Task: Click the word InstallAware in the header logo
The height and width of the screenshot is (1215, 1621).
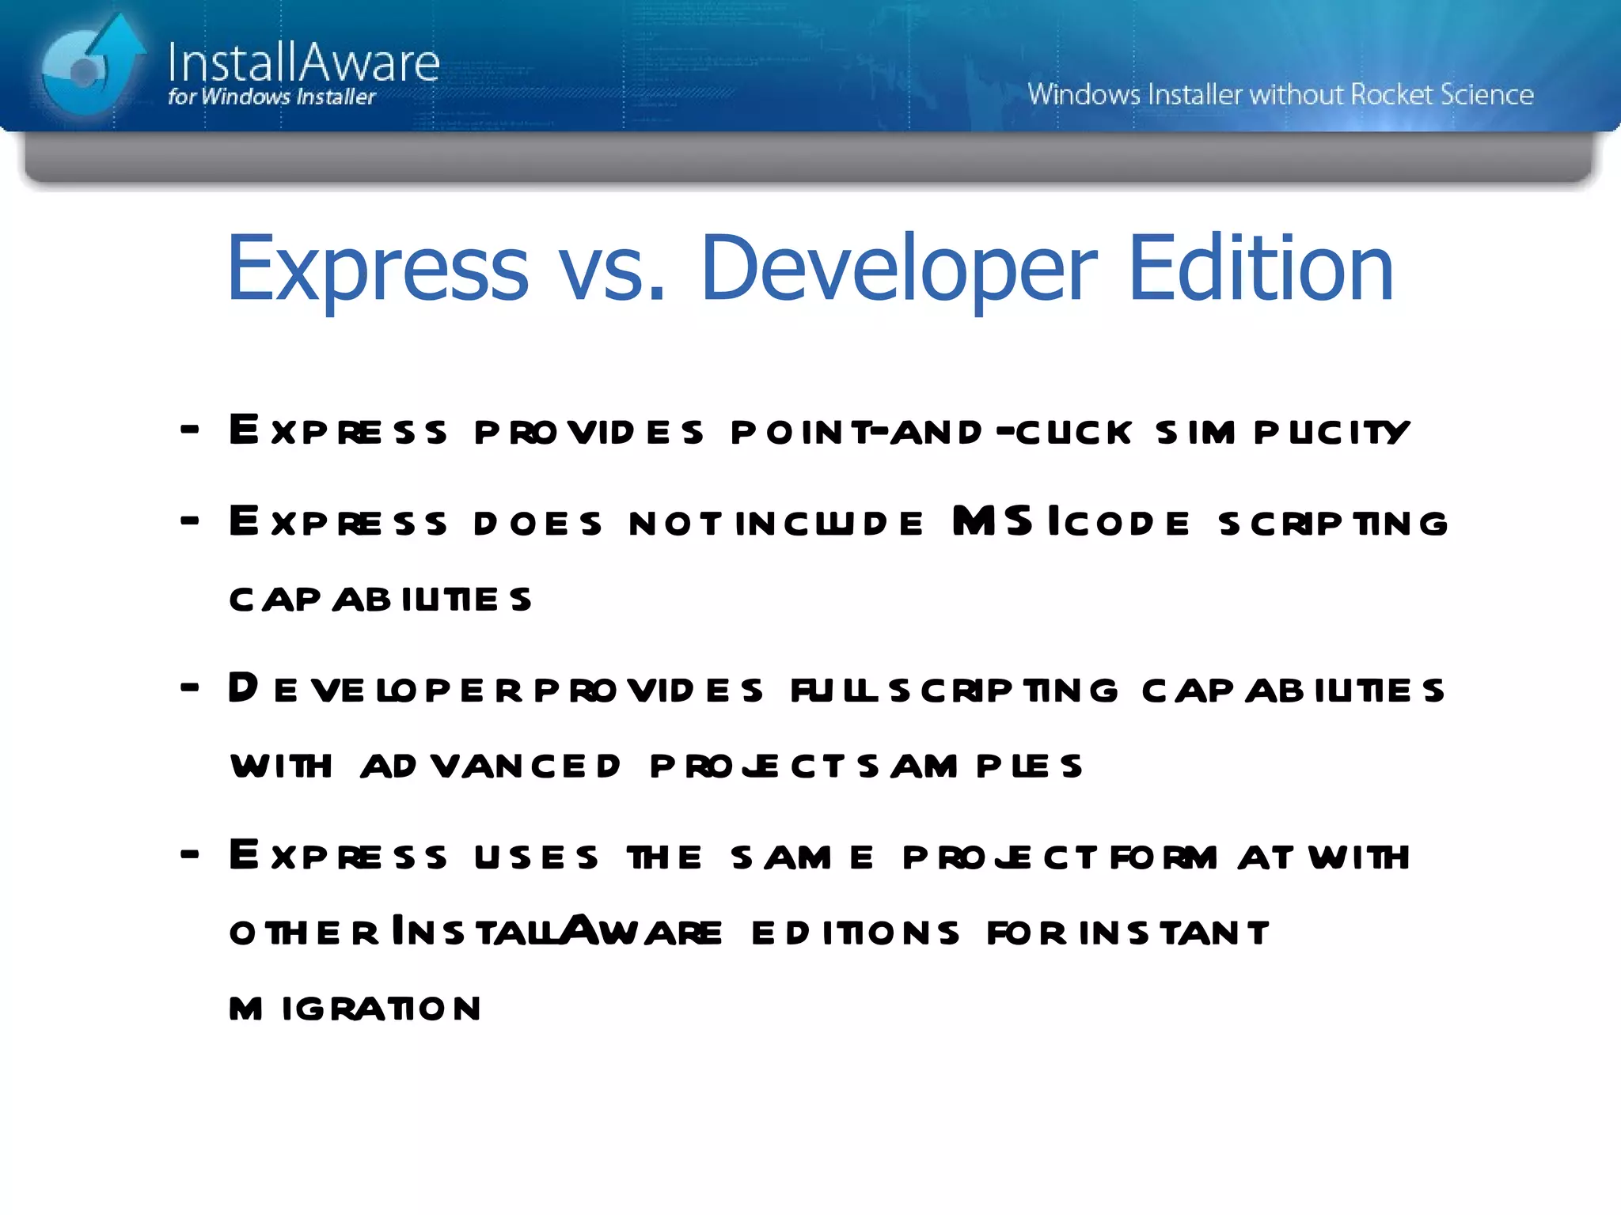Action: pos(303,62)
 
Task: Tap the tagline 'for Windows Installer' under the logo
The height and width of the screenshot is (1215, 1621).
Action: pos(271,97)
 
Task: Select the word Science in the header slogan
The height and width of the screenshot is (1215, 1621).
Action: pos(1486,94)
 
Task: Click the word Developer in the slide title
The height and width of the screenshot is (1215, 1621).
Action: pos(899,269)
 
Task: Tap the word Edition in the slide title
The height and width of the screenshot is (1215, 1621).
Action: pos(1260,269)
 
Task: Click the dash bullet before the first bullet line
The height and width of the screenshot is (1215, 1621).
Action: pos(190,430)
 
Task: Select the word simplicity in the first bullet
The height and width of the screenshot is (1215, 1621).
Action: pos(1282,432)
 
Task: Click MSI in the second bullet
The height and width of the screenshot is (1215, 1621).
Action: pos(1005,522)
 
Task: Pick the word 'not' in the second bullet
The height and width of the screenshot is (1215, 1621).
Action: pos(674,524)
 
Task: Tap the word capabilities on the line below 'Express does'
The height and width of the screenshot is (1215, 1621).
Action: pos(380,600)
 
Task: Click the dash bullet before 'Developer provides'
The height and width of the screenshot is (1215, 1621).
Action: pos(190,687)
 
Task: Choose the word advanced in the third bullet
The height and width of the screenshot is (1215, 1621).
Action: pos(491,766)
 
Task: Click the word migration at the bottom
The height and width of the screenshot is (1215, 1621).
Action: pos(355,1009)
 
